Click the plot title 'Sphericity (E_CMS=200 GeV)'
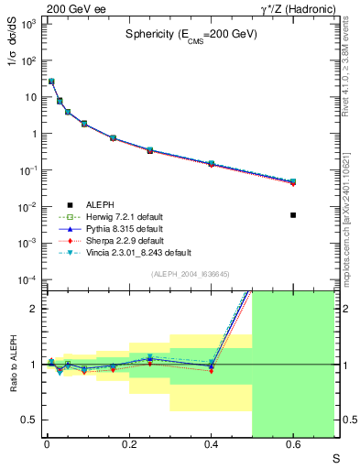191,33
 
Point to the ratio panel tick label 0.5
29,420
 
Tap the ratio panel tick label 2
33,309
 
